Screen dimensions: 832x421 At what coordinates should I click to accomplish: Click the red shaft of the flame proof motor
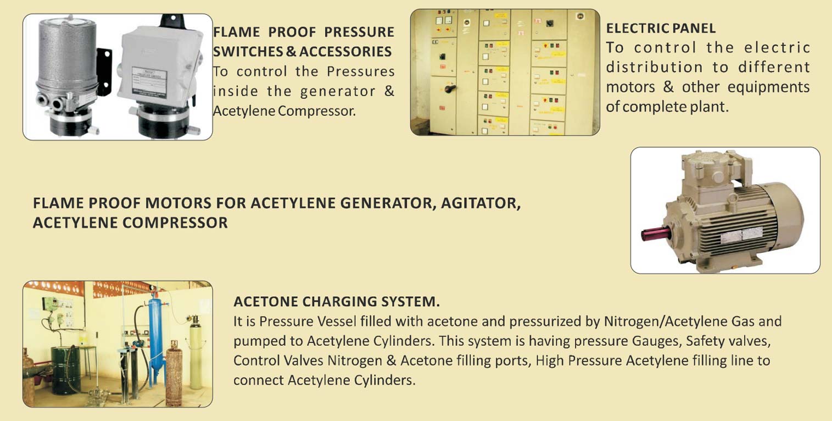pos(656,234)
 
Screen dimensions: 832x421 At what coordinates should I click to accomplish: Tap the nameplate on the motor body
pos(741,235)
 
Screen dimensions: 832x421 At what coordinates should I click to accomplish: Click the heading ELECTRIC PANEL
pos(661,28)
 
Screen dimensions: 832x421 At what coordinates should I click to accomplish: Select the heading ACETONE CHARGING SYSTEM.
pos(337,301)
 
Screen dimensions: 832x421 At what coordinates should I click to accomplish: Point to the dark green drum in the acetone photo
pos(65,370)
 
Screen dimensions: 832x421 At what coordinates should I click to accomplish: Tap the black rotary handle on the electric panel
pos(450,89)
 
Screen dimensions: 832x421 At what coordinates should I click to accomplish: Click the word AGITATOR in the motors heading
pos(481,203)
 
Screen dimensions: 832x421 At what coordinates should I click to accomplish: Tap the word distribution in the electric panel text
pos(655,67)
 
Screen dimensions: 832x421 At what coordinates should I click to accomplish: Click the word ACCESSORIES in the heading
pos(345,52)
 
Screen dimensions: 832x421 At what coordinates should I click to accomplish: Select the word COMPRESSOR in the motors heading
pos(175,223)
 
